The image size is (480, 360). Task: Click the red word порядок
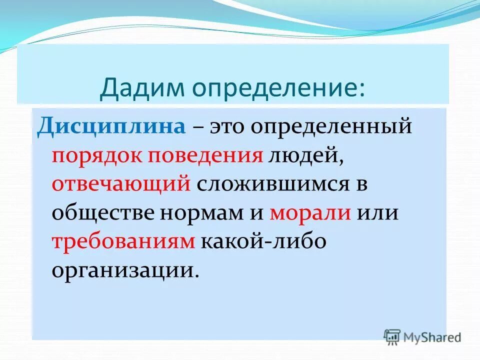click(96, 156)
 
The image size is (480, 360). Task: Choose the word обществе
click(101, 213)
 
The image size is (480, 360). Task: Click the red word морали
click(310, 213)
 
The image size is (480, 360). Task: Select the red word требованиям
click(123, 241)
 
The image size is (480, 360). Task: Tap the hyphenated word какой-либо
click(263, 241)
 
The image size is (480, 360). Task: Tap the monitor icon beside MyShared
click(392, 336)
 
